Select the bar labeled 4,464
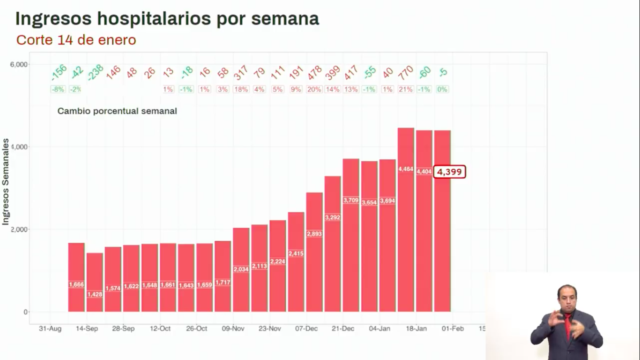click(406, 220)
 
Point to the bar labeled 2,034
click(241, 270)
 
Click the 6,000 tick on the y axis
click(19, 64)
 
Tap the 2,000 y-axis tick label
click(19, 229)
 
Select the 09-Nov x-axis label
click(233, 329)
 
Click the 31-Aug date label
click(50, 329)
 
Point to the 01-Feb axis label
click(453, 329)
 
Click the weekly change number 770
click(406, 73)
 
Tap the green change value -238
click(95, 73)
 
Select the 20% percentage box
click(314, 90)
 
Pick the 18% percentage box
click(241, 90)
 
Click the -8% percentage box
click(58, 90)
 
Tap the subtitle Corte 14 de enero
click(76, 40)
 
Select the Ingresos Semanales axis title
click(6, 182)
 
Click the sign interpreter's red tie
click(567, 325)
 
